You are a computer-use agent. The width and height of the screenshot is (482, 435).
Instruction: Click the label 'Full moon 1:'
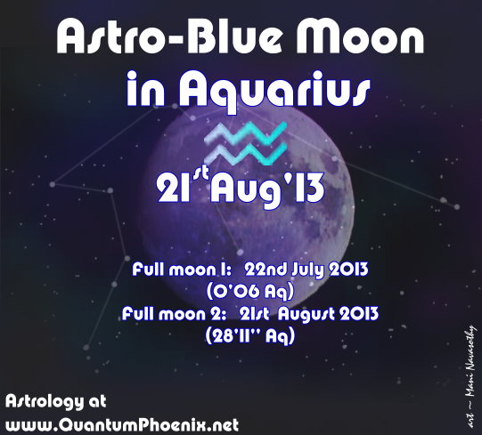pos(172,270)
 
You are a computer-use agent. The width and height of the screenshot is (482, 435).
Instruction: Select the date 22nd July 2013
pos(297,270)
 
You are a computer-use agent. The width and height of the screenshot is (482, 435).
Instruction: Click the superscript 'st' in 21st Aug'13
pos(200,175)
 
